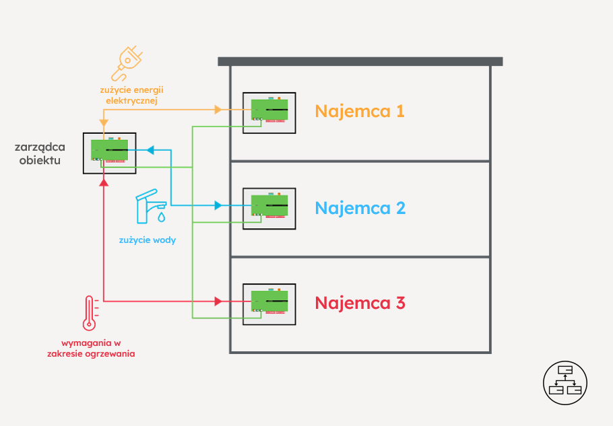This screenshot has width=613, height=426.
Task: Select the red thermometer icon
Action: click(x=89, y=313)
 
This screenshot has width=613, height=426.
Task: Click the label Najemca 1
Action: click(x=360, y=111)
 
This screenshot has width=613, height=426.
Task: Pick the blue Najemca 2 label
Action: click(x=360, y=207)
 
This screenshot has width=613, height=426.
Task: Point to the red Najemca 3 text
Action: click(x=360, y=303)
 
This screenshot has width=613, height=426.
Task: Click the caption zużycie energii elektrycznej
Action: click(x=131, y=95)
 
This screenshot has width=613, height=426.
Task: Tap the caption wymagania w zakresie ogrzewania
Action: click(x=91, y=348)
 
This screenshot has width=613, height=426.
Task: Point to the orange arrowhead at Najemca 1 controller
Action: click(x=218, y=109)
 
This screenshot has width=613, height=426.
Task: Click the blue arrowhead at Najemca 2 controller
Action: click(x=218, y=205)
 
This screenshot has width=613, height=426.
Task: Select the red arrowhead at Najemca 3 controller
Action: click(x=218, y=301)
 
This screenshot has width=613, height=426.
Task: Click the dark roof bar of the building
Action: click(x=360, y=61)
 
